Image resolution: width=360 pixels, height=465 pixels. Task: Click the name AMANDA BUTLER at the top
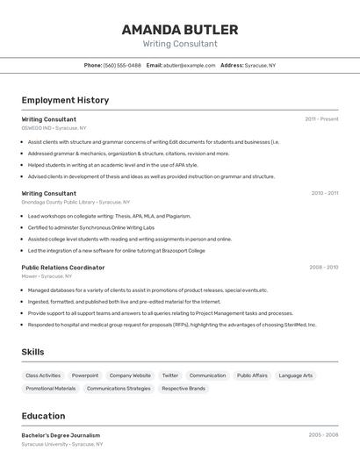coord(180,29)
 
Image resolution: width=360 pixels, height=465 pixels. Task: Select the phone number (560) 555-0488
coord(122,65)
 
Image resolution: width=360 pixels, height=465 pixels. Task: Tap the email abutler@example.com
coord(189,65)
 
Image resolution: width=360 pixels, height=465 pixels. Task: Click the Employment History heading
coord(65,100)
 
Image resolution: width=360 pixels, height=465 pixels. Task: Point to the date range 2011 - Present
coord(321,118)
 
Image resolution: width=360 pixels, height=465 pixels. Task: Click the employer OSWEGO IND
coord(36,128)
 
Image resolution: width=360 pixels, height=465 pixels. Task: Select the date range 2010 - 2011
coord(324,192)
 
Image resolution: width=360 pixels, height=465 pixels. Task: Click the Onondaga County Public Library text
coord(58,202)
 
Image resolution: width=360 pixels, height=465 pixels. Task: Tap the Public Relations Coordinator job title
coord(62,267)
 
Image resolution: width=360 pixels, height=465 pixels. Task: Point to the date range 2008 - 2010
coord(323,267)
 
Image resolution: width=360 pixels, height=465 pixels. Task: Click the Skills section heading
coord(33,352)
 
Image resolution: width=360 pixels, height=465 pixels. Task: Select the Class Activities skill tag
coord(43,376)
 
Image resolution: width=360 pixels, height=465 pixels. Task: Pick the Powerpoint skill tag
coord(85,376)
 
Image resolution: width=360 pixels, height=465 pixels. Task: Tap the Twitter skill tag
coord(169,376)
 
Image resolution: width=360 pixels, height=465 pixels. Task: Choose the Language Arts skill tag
coord(295,376)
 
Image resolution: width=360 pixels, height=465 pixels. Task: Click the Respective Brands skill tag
coord(184,388)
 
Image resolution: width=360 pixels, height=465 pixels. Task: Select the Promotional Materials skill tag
coord(51,388)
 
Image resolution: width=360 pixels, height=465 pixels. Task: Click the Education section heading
coord(43,416)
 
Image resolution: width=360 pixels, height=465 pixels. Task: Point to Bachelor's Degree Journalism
coord(61,435)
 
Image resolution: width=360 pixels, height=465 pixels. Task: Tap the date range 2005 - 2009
coord(323,434)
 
